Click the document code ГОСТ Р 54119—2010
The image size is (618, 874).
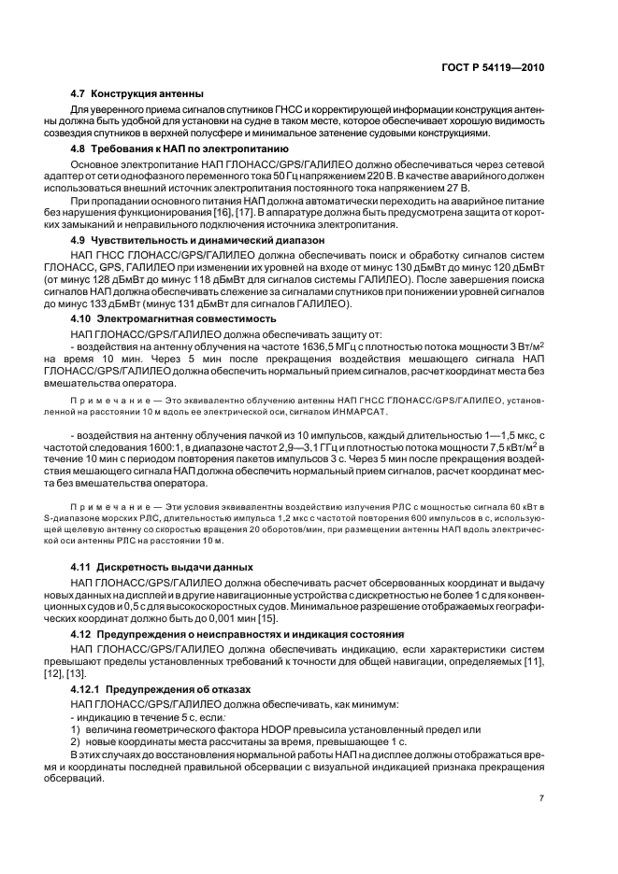coord(493,68)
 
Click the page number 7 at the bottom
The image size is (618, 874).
coord(540,798)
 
